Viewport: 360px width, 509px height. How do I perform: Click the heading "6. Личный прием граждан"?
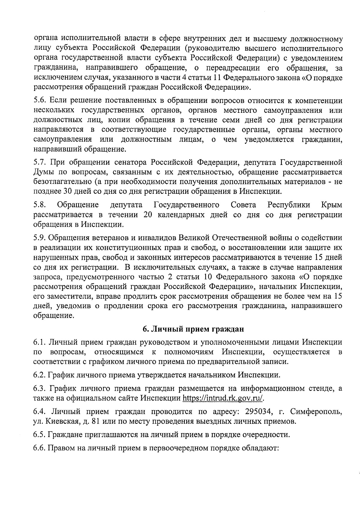pos(193,329)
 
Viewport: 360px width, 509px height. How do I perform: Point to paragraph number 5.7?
pos(39,163)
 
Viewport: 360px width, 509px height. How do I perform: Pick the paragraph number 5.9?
pos(39,238)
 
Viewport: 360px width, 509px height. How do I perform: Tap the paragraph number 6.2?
pos(39,375)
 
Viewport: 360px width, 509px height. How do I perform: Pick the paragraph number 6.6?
pos(39,448)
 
